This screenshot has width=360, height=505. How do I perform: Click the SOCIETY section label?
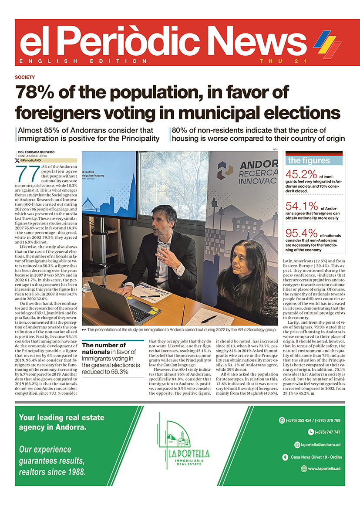click(24, 77)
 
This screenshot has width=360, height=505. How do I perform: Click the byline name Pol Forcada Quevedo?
click(36, 152)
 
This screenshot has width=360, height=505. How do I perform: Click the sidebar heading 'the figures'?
click(309, 160)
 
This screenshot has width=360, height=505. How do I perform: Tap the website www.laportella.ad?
click(324, 468)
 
